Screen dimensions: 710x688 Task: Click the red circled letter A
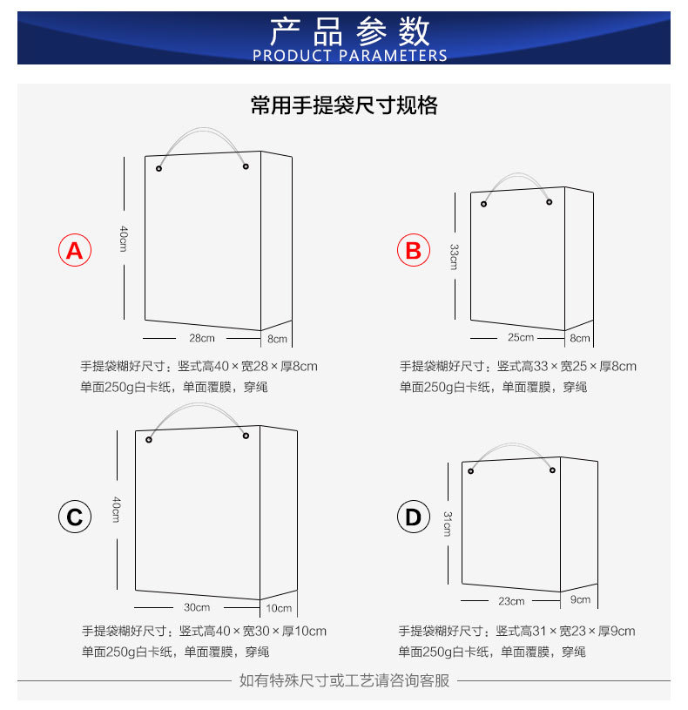click(x=75, y=251)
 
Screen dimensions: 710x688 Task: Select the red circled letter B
click(x=413, y=251)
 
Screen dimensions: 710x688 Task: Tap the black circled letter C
click(x=75, y=517)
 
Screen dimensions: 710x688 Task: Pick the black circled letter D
click(x=413, y=517)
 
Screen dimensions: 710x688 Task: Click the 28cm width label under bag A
click(x=201, y=338)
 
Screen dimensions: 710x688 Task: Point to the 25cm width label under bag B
click(x=521, y=338)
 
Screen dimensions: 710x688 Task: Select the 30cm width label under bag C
click(x=197, y=607)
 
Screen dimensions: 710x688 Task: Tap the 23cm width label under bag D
click(x=511, y=601)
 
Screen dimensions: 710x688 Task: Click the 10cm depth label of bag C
click(x=279, y=608)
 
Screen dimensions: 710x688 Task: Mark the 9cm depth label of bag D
click(x=581, y=599)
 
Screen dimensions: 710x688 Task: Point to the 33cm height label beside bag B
click(x=454, y=256)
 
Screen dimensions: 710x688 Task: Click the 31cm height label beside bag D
click(x=447, y=523)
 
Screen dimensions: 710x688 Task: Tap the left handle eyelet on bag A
click(x=159, y=168)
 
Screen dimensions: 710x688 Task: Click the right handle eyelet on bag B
click(x=550, y=203)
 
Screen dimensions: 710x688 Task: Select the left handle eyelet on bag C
click(x=149, y=439)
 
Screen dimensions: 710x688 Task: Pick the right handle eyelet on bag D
click(x=552, y=470)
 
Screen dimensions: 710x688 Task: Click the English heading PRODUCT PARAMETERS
click(x=349, y=56)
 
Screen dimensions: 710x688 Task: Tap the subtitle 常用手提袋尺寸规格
click(x=344, y=106)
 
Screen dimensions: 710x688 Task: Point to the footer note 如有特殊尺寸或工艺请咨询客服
click(x=344, y=680)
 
